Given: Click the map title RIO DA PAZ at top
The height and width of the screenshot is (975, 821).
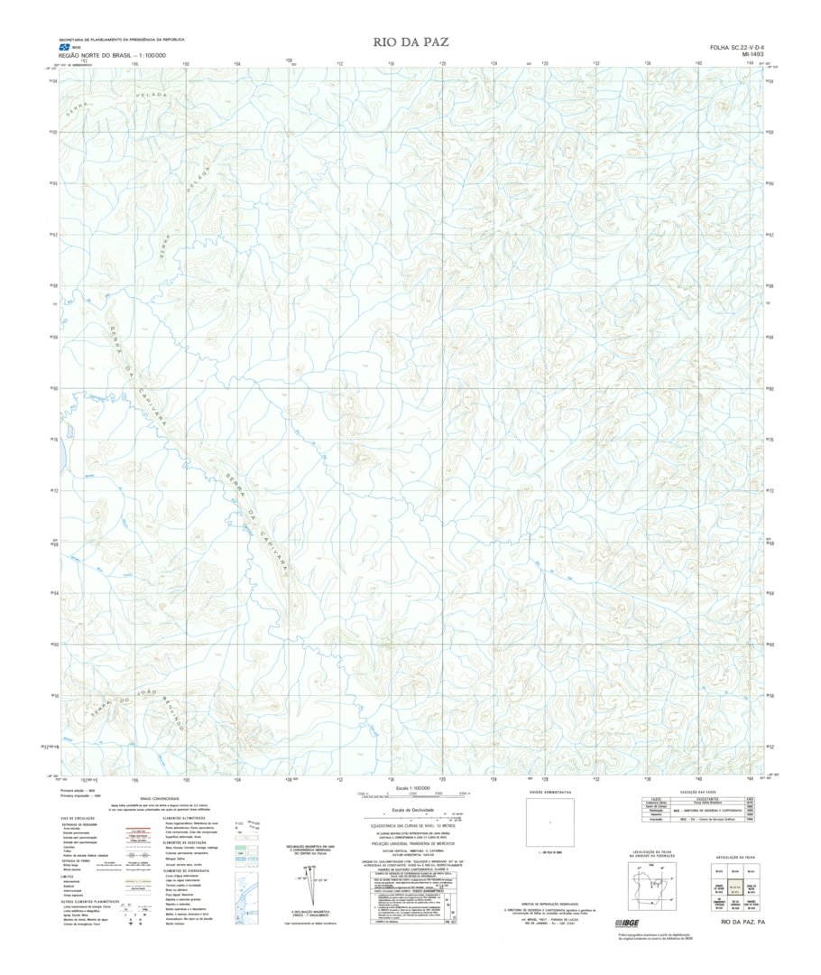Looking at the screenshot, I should coord(410,42).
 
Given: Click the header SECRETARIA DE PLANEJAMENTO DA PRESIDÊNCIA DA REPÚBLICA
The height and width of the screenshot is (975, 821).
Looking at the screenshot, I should coord(121,40).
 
